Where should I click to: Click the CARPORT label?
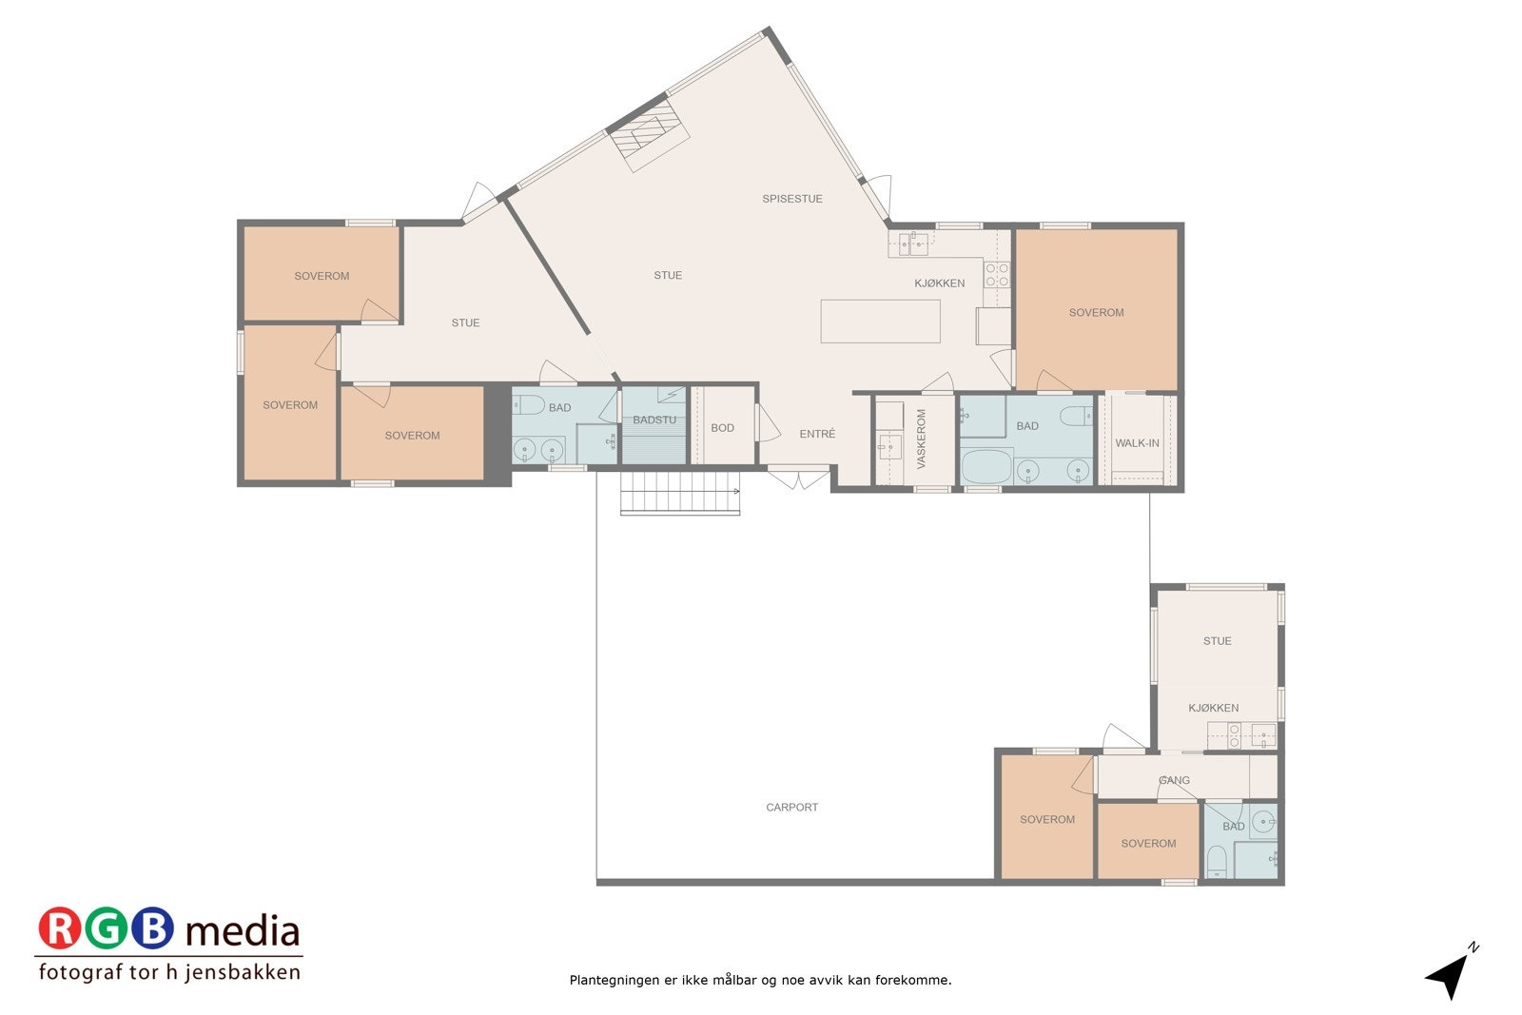pyautogui.click(x=791, y=808)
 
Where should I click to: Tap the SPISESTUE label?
pyautogui.click(x=791, y=199)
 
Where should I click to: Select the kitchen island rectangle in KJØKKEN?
pyautogui.click(x=880, y=322)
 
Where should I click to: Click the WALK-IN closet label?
pyautogui.click(x=1137, y=443)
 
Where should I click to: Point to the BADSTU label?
pyautogui.click(x=654, y=420)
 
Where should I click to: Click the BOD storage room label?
pyautogui.click(x=722, y=428)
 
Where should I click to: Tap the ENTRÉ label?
pyautogui.click(x=817, y=434)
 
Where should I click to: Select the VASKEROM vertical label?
pyautogui.click(x=921, y=439)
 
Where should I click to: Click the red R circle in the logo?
pyautogui.click(x=59, y=929)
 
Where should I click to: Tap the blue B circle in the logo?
pyautogui.click(x=152, y=929)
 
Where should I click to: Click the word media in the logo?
pyautogui.click(x=243, y=931)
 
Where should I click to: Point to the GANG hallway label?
pyautogui.click(x=1174, y=780)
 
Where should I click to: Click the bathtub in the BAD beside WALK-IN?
pyautogui.click(x=985, y=468)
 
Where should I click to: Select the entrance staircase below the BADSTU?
pyautogui.click(x=679, y=494)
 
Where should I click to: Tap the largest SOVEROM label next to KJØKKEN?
pyautogui.click(x=1096, y=312)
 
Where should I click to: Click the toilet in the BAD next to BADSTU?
pyautogui.click(x=529, y=405)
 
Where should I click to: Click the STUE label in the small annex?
pyautogui.click(x=1217, y=641)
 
